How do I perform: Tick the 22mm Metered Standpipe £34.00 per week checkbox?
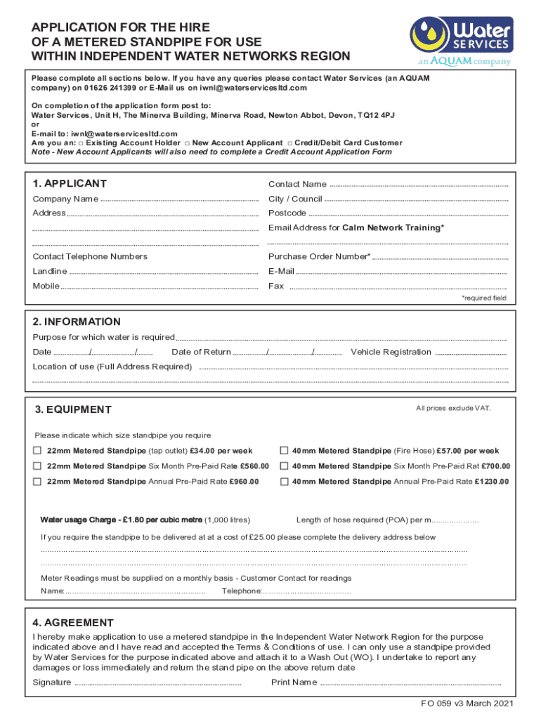37,450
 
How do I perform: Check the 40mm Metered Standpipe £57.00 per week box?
285,450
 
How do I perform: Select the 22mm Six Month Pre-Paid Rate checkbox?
37,466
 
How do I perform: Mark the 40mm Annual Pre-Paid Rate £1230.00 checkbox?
285,481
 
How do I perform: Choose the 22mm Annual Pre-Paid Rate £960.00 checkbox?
37,481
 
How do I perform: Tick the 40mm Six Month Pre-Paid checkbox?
285,466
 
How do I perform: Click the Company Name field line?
179,199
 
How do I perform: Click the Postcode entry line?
408,213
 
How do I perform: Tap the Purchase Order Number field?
439,257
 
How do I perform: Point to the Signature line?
157,682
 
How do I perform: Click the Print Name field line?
410,682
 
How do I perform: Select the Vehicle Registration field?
471,352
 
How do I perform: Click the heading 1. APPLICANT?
70,183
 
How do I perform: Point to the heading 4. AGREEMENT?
73,623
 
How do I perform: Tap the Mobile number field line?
159,286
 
